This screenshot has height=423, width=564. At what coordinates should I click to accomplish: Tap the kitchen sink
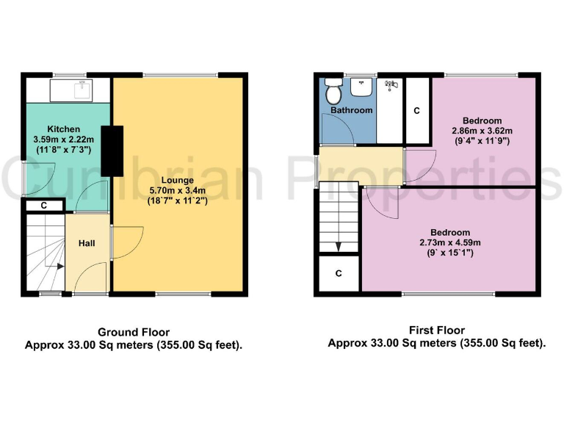80,90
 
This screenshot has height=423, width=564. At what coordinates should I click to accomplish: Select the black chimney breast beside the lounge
112,151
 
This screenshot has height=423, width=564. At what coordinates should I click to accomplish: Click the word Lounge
178,180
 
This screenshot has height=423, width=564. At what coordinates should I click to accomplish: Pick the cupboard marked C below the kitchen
44,206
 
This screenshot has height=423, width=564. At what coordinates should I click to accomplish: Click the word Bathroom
351,110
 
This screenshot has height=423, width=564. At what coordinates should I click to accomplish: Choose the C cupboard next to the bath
416,111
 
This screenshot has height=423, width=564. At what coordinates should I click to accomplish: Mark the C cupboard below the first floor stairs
339,274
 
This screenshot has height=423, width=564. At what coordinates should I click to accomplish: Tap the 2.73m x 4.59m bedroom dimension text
449,243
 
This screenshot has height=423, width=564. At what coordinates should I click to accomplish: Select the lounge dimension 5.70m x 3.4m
178,190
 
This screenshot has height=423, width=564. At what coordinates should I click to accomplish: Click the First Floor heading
437,331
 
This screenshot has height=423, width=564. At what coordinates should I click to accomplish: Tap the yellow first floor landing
360,166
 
